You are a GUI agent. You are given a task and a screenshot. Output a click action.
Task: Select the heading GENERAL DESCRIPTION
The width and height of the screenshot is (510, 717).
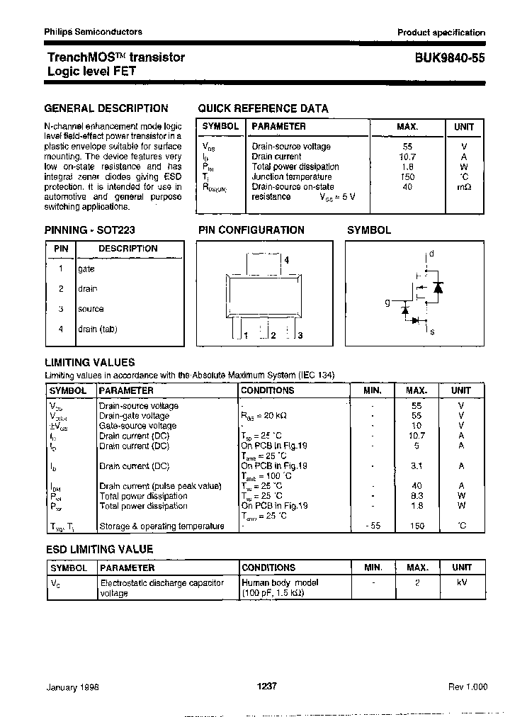tap(106, 108)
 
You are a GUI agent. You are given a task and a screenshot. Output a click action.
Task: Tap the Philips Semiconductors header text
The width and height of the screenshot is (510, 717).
tap(93, 32)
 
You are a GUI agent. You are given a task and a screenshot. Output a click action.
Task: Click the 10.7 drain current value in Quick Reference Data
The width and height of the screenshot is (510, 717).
tap(407, 157)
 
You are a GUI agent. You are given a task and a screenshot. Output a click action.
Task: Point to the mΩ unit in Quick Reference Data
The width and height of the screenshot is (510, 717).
tap(463, 186)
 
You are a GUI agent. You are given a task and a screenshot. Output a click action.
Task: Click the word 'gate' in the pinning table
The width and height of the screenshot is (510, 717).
tap(86, 269)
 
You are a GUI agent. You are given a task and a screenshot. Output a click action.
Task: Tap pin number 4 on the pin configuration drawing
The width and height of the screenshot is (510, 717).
tap(286, 261)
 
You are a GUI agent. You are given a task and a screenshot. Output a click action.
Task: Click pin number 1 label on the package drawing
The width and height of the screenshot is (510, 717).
tap(244, 335)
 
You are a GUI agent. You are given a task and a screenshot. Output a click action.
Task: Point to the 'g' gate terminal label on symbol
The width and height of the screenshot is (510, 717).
tap(387, 303)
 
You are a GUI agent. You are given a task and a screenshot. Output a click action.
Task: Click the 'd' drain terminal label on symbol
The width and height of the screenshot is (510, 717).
tap(431, 254)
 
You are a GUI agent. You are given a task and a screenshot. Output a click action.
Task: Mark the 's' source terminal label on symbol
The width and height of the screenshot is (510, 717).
tap(431, 331)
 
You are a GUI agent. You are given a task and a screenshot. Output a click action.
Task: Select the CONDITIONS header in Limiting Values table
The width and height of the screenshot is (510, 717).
tap(268, 390)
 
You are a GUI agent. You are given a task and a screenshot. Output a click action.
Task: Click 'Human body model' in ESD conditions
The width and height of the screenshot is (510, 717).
tap(280, 582)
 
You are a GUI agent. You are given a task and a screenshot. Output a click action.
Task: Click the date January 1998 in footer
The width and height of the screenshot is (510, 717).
tap(73, 687)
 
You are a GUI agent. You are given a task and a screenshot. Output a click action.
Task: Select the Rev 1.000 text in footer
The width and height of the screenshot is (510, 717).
tap(467, 687)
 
